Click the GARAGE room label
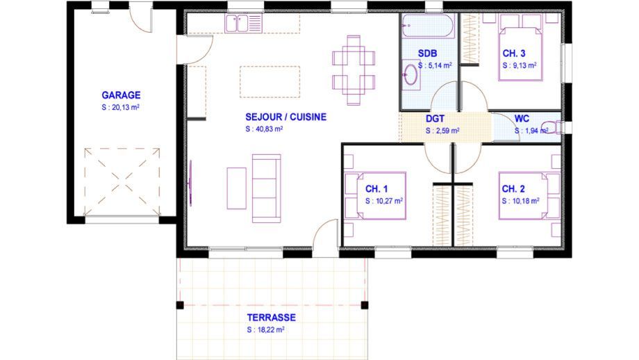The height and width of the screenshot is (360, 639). (121, 95)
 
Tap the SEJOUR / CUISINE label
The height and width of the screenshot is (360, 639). (285, 117)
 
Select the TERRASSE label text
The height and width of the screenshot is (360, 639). (272, 317)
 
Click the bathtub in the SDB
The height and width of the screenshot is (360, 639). (427, 26)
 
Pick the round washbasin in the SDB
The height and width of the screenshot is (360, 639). (410, 75)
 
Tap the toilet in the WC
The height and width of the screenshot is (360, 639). (552, 127)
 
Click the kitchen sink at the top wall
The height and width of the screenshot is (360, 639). (243, 23)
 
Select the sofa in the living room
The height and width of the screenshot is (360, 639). (267, 188)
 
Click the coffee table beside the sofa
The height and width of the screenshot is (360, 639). (236, 188)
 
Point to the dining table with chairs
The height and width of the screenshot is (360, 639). (354, 70)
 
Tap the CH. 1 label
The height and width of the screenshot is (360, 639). (376, 189)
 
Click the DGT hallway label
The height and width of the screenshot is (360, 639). (435, 119)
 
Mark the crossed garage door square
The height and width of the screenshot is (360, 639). (122, 182)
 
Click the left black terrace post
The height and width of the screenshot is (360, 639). (180, 305)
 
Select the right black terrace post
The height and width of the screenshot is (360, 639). (365, 305)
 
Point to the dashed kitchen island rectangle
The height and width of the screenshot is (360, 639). (269, 82)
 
